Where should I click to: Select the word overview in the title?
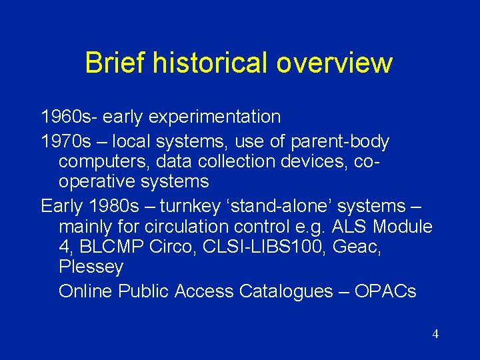[x=335, y=63]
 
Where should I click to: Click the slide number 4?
[x=435, y=334]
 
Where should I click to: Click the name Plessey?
[x=91, y=267]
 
